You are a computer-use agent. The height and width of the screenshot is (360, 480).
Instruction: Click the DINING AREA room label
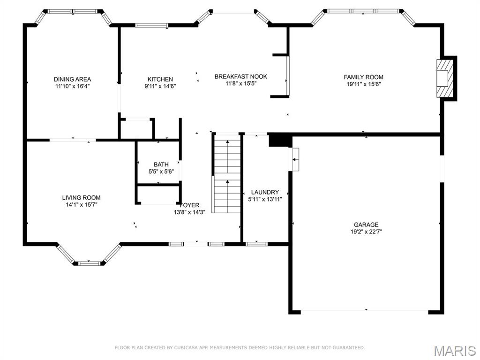coord(72,79)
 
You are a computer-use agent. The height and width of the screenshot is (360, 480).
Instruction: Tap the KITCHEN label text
coord(160,79)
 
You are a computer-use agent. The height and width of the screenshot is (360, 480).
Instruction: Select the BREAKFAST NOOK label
coord(241,76)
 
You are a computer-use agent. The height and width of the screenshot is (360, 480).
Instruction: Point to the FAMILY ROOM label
coord(363,77)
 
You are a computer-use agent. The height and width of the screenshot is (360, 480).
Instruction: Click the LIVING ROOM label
coord(81,197)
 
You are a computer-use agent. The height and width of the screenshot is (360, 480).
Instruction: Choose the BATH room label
coord(161,165)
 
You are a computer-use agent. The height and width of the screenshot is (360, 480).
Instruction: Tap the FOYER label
coord(190,205)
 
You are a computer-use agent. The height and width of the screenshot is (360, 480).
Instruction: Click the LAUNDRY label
coord(265,192)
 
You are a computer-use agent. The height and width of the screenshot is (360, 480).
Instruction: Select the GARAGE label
coord(366,225)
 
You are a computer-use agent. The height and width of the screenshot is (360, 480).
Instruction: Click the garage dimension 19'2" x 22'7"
coord(366,232)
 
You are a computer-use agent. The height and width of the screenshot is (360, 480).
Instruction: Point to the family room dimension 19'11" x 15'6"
coord(363,84)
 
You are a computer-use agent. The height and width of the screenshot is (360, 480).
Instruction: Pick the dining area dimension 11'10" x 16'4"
coord(72,86)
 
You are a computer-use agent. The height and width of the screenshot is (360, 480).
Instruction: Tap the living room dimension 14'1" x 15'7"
coord(81,204)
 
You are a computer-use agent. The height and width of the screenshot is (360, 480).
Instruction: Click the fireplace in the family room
coord(446,78)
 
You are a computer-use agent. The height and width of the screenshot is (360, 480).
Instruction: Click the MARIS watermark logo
coord(455,351)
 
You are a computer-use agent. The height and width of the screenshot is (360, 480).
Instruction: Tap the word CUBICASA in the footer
coord(185,348)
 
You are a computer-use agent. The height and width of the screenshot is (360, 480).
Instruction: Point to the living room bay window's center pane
coord(89,263)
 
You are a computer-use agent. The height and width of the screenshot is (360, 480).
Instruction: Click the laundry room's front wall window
coord(256,244)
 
